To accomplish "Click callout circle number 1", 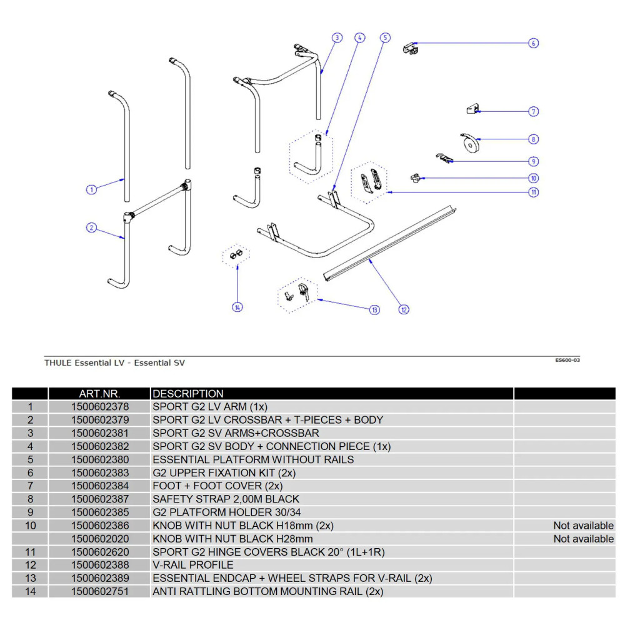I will (x=91, y=189).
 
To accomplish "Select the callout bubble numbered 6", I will (x=533, y=43).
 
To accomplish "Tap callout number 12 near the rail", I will (x=404, y=309).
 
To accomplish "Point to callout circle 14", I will (x=237, y=307).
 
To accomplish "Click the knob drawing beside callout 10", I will (x=415, y=179).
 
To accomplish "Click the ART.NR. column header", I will (x=99, y=394).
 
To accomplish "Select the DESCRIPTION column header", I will (x=188, y=394).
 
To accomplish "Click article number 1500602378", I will (x=100, y=407).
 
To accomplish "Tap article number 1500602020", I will (x=100, y=539).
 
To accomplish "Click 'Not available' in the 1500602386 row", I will (x=583, y=526).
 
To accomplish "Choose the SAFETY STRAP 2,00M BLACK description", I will (x=226, y=499).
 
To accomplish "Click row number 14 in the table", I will (x=30, y=591).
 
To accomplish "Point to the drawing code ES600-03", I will (x=567, y=360).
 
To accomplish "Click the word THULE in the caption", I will (x=58, y=362).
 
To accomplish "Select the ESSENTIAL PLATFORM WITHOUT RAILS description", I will (x=253, y=459).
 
